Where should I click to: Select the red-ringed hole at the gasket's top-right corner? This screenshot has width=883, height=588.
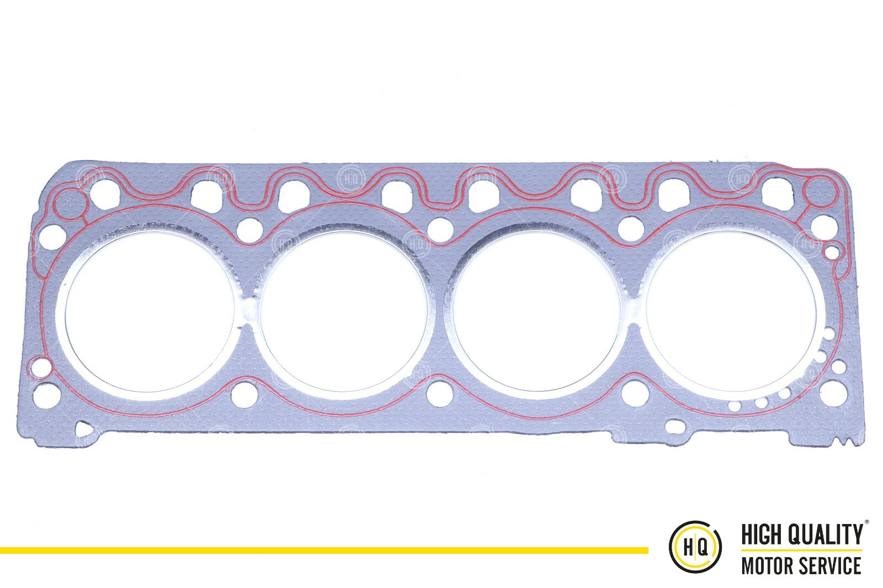(818, 192)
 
